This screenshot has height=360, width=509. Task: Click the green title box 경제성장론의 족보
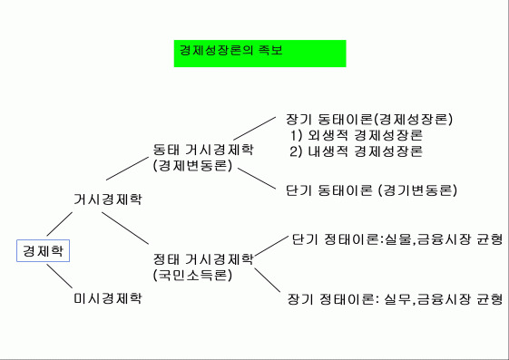(259, 52)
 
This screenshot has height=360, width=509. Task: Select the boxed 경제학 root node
(42, 249)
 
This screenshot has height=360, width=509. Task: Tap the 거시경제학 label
(107, 198)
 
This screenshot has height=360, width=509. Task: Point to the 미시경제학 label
(107, 298)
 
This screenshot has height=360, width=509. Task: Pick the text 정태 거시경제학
(203, 258)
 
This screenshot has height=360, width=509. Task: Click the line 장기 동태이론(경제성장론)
(369, 119)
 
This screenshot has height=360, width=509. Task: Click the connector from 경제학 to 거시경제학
(59, 223)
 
